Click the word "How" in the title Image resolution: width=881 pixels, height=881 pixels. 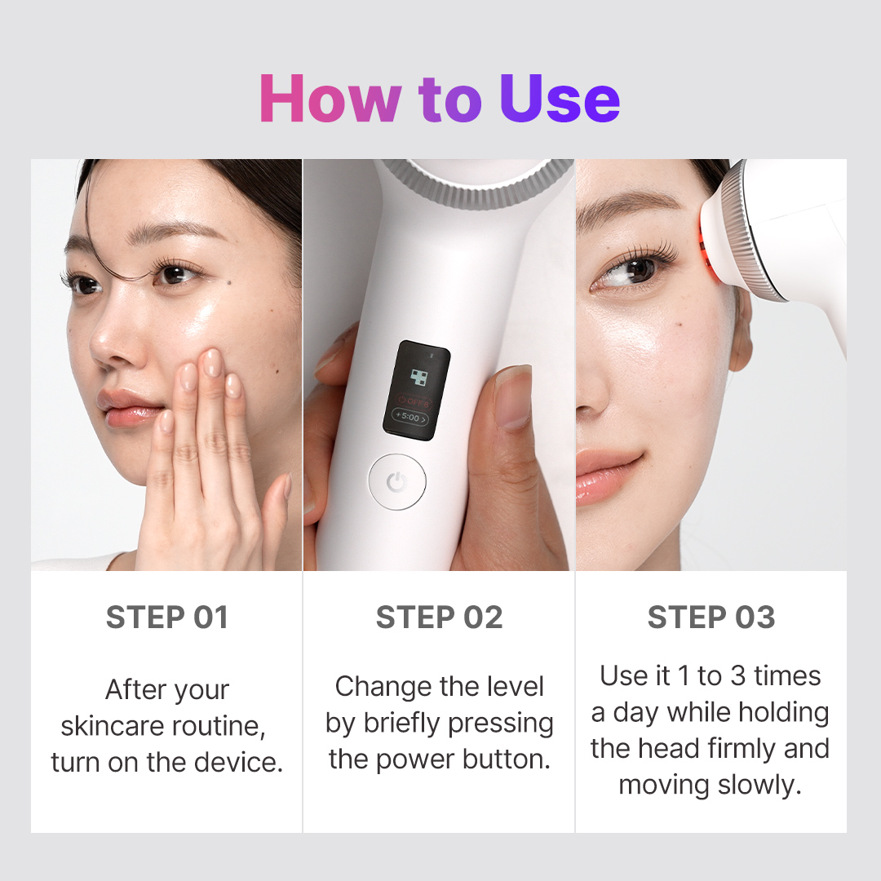(x=329, y=99)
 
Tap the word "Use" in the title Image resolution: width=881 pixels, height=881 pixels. (x=560, y=99)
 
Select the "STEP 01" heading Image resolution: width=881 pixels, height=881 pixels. (x=167, y=618)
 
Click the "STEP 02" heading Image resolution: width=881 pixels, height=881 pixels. (x=439, y=618)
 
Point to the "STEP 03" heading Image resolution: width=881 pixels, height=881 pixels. (x=711, y=618)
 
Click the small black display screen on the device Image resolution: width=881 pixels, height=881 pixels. (x=417, y=388)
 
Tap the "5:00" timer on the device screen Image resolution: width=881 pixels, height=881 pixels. (x=412, y=418)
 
